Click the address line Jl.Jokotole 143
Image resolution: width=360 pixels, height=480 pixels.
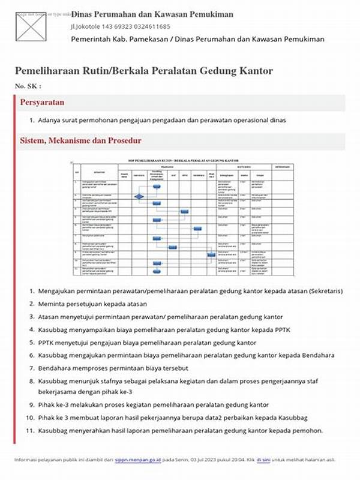(120, 26)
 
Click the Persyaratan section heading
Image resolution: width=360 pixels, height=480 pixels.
(42, 103)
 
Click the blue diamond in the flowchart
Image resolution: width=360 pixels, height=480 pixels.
(139, 196)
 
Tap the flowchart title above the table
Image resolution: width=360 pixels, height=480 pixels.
(180, 161)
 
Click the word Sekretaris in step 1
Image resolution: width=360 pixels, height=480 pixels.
(325, 291)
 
